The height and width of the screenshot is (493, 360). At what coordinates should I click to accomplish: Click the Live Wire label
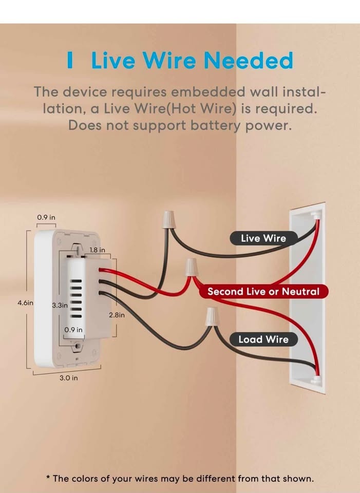pyautogui.click(x=263, y=238)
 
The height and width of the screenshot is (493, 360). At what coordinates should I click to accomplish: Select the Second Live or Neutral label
pyautogui.click(x=263, y=292)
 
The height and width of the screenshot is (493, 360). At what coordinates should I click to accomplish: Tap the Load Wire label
pyautogui.click(x=263, y=339)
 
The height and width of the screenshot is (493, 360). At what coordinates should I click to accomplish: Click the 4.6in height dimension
pyautogui.click(x=25, y=303)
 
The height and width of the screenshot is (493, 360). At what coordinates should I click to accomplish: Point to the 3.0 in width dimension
pyautogui.click(x=68, y=378)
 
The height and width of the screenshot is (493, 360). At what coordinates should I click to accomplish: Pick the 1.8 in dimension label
pyautogui.click(x=97, y=250)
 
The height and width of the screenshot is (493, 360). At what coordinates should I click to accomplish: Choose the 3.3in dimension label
pyautogui.click(x=60, y=305)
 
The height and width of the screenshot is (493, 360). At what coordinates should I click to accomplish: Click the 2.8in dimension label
pyautogui.click(x=117, y=315)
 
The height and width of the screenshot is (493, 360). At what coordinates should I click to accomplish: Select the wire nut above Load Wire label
pyautogui.click(x=212, y=316)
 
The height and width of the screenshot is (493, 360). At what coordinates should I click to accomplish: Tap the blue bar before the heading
pyautogui.click(x=70, y=61)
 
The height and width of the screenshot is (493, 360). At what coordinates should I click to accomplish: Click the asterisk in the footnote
pyautogui.click(x=48, y=478)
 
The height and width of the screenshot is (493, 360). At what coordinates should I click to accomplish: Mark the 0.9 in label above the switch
pyautogui.click(x=46, y=217)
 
